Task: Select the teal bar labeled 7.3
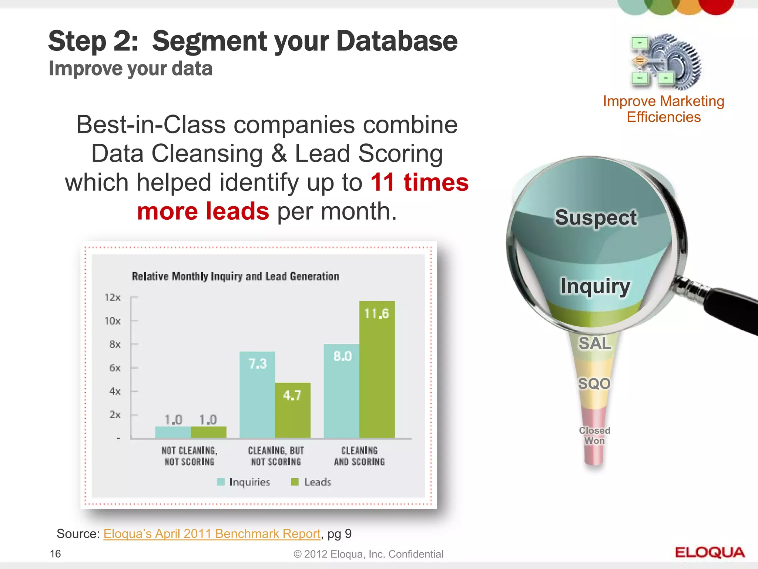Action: coord(257,395)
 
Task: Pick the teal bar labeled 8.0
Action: coord(341,391)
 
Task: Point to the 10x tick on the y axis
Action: coord(112,321)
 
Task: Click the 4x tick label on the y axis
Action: coord(115,391)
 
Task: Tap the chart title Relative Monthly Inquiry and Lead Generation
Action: coord(235,276)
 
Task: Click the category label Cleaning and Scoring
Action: coord(359,456)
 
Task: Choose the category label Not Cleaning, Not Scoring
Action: coord(189,456)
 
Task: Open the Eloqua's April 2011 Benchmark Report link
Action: coord(212,533)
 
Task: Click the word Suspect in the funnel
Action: coord(596,217)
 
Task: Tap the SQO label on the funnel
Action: coord(594,383)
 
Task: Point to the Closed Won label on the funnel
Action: coord(594,436)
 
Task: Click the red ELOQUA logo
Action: coord(710,552)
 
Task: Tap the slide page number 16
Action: coord(56,554)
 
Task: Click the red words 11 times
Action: coord(419,183)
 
